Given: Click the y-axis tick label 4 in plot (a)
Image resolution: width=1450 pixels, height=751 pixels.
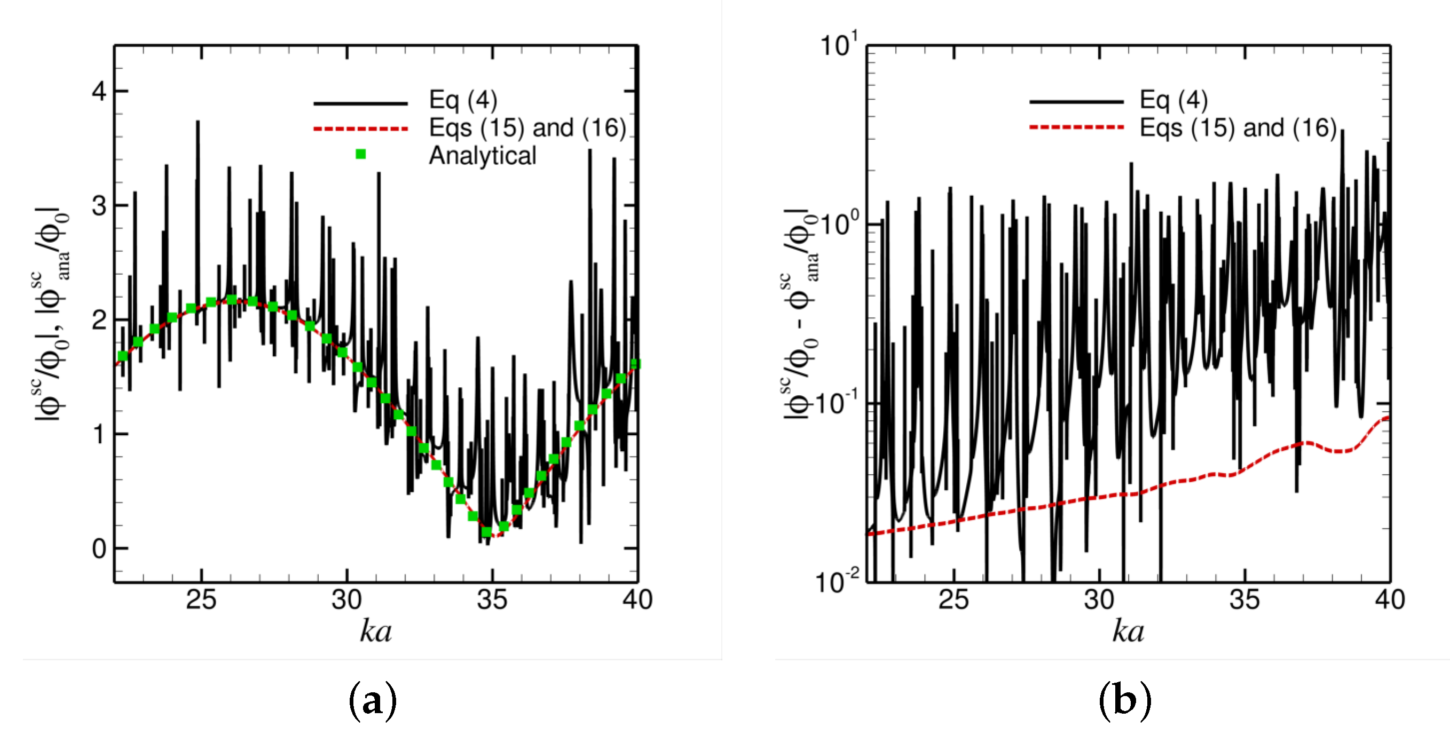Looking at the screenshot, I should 99,91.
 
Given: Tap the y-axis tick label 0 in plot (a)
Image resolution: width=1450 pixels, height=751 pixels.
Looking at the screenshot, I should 99,548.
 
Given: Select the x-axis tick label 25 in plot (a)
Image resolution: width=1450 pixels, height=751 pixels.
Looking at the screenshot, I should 201,600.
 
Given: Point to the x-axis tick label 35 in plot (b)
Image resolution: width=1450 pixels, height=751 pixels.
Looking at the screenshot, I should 1244,600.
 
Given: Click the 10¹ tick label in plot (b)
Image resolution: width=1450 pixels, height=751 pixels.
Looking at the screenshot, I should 839,45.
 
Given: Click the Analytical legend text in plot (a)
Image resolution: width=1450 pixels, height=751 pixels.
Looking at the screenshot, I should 483,156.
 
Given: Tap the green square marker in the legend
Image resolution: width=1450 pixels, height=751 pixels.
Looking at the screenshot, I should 361,154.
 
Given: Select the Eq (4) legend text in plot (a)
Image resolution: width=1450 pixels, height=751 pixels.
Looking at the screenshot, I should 463,100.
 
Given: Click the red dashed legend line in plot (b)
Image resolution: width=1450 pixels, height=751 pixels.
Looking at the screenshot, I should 1076,127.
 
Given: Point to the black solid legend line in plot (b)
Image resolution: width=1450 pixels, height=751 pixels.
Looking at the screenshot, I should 1076,102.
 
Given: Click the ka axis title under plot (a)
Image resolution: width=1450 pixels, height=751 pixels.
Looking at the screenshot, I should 375,631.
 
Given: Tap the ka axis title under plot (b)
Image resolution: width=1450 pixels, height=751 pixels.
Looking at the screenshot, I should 1128,631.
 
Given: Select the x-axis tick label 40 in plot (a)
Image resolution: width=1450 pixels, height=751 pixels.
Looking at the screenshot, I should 637,600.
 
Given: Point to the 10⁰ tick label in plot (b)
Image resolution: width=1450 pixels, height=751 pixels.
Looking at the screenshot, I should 839,224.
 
